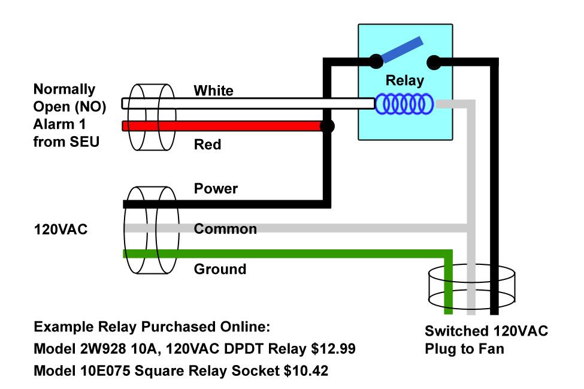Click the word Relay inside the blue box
405,80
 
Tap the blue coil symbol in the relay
404,104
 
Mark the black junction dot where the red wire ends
327,126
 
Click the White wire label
213,91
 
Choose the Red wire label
207,145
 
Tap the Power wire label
216,189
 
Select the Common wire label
225,229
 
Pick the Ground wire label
220,269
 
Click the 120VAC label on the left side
60,229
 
